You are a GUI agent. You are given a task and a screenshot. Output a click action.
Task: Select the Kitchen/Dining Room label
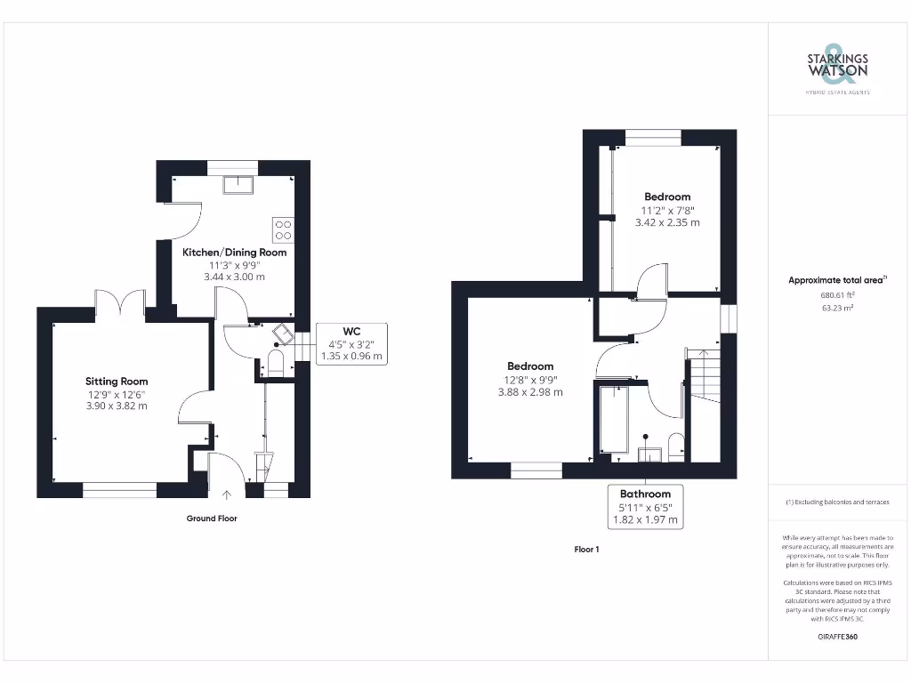click(234, 253)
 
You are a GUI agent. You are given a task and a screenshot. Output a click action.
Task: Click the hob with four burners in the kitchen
click(283, 230)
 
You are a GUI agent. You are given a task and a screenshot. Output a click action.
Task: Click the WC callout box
click(351, 343)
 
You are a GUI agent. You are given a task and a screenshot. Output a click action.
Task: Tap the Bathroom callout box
click(645, 507)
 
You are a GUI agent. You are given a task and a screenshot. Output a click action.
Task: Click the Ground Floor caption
click(212, 518)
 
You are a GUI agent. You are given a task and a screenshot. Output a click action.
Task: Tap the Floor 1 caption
click(586, 550)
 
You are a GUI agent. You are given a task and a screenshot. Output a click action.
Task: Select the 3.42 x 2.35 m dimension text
click(666, 223)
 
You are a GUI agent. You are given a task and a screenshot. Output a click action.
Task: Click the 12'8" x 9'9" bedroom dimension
click(530, 380)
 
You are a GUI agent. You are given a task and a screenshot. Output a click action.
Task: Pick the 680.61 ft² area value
click(837, 295)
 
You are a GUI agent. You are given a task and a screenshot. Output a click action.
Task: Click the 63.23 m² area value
click(837, 308)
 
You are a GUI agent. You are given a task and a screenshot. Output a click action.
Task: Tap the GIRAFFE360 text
click(837, 637)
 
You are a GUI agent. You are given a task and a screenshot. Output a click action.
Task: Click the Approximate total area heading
click(837, 280)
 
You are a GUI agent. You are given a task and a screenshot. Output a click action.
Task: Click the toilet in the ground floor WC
click(275, 363)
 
